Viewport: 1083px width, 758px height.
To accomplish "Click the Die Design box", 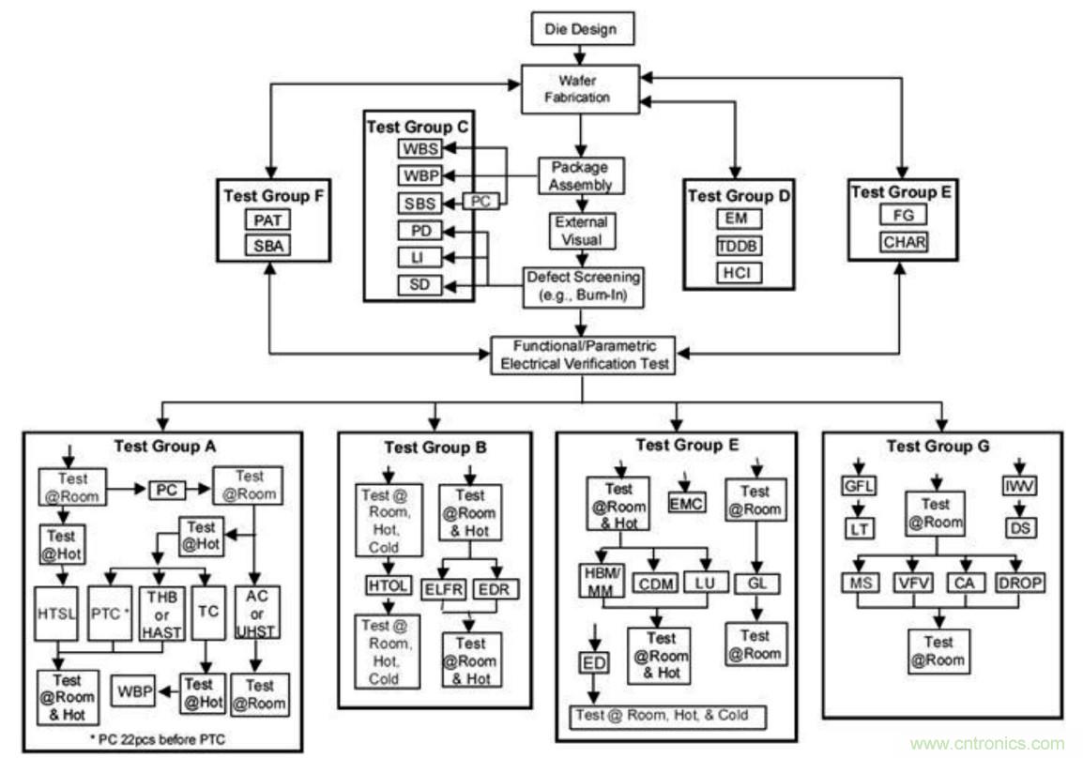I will (583, 28).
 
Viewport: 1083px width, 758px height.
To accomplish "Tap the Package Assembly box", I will (581, 175).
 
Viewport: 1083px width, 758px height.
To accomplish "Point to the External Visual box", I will (581, 231).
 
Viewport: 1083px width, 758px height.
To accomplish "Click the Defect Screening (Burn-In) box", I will (583, 286).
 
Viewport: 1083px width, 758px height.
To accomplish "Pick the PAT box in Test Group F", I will (268, 220).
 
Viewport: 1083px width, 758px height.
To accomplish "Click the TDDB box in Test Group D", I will (738, 246).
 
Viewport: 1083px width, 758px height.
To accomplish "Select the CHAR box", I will (903, 242).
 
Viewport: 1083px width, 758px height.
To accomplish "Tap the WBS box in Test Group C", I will (419, 148).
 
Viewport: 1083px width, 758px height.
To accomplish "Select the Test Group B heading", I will (435, 447).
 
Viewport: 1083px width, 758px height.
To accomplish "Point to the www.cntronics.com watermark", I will (987, 743).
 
